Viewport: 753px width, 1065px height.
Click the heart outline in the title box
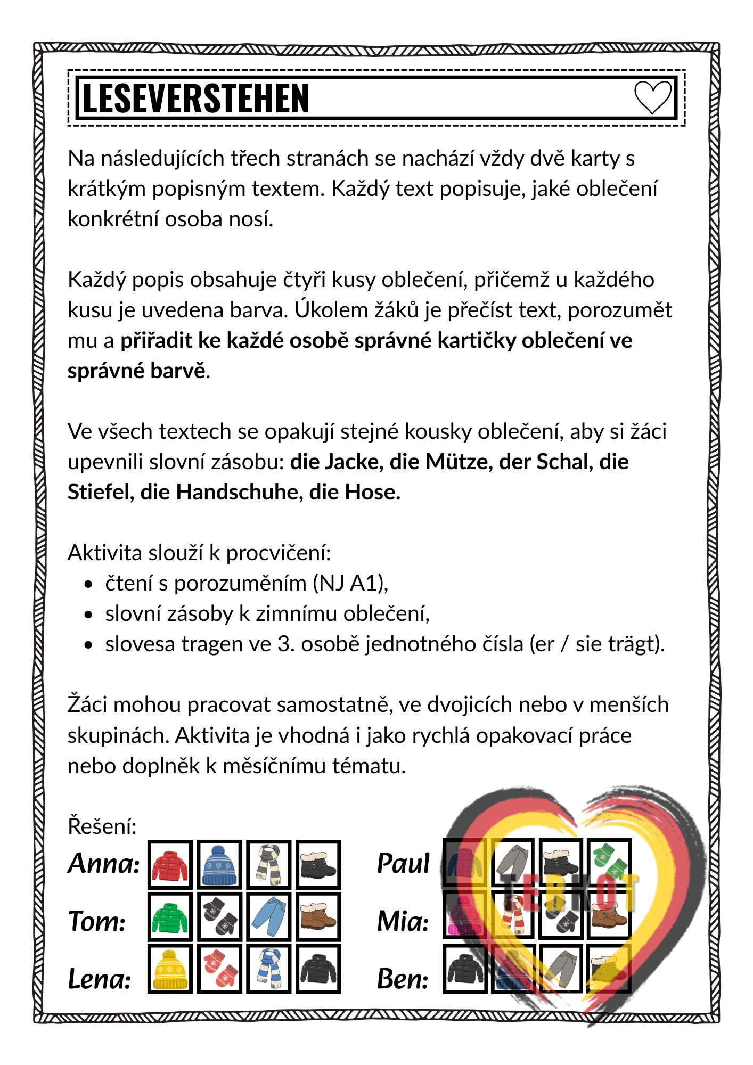point(652,97)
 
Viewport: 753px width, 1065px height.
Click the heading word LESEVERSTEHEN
point(195,99)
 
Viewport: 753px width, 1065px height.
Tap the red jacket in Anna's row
point(170,865)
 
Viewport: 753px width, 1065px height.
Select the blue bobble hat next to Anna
point(219,865)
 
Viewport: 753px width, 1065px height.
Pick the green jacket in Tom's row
point(170,917)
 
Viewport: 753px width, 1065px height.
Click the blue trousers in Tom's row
point(269,917)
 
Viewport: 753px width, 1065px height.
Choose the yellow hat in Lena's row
point(170,969)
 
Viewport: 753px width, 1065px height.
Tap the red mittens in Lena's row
point(219,969)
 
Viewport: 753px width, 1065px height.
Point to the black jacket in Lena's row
point(318,969)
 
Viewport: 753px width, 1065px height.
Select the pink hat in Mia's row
point(464,916)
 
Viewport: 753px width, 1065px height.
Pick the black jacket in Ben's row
point(465,969)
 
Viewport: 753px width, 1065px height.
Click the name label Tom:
point(97,921)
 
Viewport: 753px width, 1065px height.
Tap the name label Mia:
point(403,921)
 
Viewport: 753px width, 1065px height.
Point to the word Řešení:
point(102,826)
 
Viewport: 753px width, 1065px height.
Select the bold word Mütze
point(458,462)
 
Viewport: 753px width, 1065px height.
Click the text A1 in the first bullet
point(364,584)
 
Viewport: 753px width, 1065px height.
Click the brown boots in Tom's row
point(318,917)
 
